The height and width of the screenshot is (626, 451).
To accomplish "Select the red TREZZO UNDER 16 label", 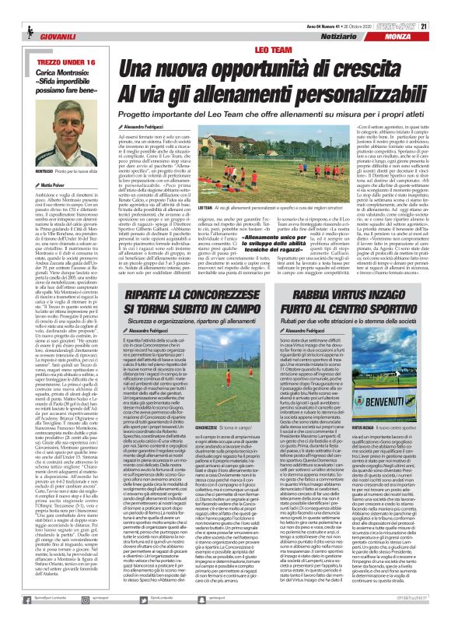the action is pyautogui.click(x=54, y=39).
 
